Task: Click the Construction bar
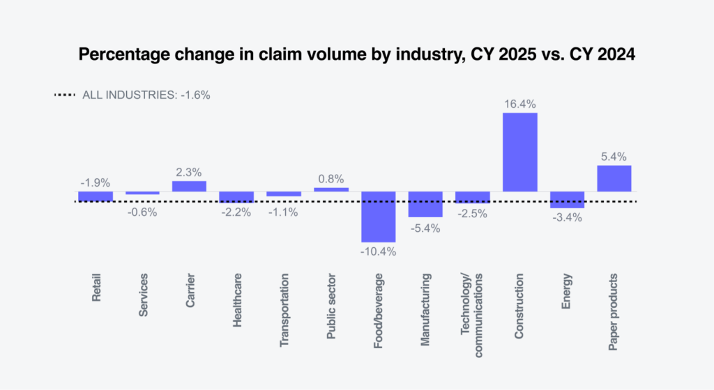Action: point(519,152)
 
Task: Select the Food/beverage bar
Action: point(379,217)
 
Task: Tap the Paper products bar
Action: point(614,178)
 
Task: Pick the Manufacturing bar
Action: point(425,204)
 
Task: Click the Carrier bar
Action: point(189,186)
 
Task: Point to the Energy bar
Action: point(567,200)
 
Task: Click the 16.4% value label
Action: point(519,104)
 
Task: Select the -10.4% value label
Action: point(379,251)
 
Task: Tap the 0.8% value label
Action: point(331,179)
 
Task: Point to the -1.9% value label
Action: point(95,182)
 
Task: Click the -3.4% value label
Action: point(567,218)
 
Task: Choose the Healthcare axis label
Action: point(237,300)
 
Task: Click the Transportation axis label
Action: point(284,310)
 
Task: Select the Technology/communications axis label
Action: point(471,315)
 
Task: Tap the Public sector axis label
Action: point(331,306)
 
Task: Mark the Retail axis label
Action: point(96,287)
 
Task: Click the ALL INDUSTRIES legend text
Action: point(146,95)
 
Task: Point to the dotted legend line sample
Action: point(65,95)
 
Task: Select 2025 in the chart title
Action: point(517,54)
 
